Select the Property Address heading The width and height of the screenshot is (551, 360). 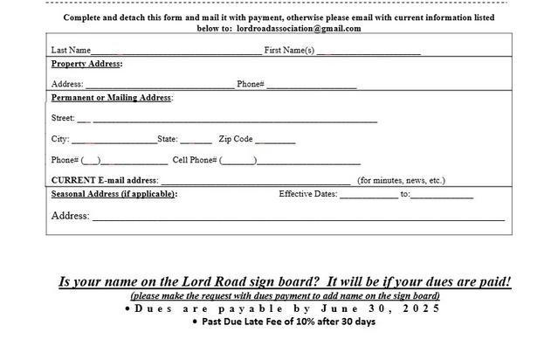point(86,64)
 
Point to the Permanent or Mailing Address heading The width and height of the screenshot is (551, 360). point(111,97)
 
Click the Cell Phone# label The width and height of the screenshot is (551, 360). point(194,160)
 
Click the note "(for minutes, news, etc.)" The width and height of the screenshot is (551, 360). point(402,181)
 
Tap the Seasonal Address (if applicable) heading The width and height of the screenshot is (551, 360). point(114,194)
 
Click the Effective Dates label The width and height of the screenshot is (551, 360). point(307,194)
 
